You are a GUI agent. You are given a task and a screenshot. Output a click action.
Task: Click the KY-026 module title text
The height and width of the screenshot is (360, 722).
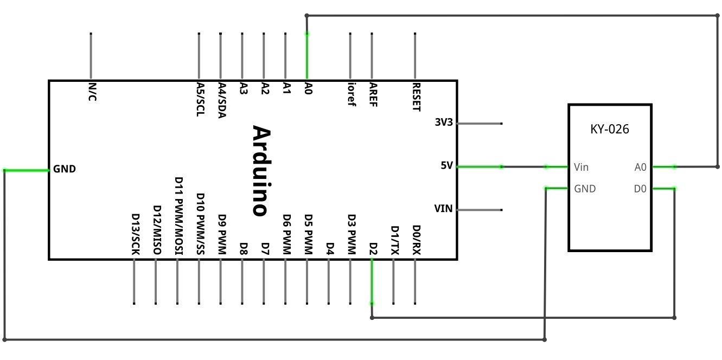click(610, 129)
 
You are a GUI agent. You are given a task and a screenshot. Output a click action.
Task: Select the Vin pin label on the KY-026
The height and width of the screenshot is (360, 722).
click(581, 168)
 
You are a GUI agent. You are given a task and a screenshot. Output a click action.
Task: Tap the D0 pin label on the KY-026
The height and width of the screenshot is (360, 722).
click(640, 189)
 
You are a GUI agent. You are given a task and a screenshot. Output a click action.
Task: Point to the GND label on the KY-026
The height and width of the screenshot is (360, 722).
click(585, 189)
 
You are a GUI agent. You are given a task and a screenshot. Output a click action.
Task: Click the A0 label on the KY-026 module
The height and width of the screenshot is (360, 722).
click(641, 168)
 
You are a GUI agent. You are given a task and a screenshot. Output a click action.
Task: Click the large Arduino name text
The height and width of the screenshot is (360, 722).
click(261, 171)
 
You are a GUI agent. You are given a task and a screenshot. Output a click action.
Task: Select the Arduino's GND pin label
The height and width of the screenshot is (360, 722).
click(64, 169)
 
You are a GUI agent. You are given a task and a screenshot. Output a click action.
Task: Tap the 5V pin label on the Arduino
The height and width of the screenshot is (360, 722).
click(447, 166)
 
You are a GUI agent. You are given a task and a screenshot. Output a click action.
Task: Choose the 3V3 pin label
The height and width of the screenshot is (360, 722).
click(444, 122)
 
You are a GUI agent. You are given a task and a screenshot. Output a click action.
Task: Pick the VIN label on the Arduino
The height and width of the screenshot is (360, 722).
click(444, 209)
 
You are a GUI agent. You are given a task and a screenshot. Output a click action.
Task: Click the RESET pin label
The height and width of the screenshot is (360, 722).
click(417, 97)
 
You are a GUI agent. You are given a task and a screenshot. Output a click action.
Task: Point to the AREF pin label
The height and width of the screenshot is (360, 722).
click(373, 95)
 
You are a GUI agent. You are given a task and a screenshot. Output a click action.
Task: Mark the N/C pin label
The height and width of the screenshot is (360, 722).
click(93, 92)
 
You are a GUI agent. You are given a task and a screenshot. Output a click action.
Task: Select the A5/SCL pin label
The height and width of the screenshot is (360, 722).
click(201, 100)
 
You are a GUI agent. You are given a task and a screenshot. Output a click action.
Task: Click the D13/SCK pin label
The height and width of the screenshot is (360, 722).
click(136, 234)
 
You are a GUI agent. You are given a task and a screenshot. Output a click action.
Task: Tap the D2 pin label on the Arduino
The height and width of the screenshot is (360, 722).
click(373, 249)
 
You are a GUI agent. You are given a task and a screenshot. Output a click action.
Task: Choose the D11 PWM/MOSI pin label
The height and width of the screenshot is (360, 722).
click(179, 216)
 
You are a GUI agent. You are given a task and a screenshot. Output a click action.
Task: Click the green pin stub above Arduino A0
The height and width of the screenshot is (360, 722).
click(307, 56)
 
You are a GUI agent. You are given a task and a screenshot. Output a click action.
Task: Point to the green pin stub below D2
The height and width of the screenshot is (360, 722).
click(372, 281)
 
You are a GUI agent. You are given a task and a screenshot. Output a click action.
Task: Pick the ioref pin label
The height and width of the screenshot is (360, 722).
click(352, 94)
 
